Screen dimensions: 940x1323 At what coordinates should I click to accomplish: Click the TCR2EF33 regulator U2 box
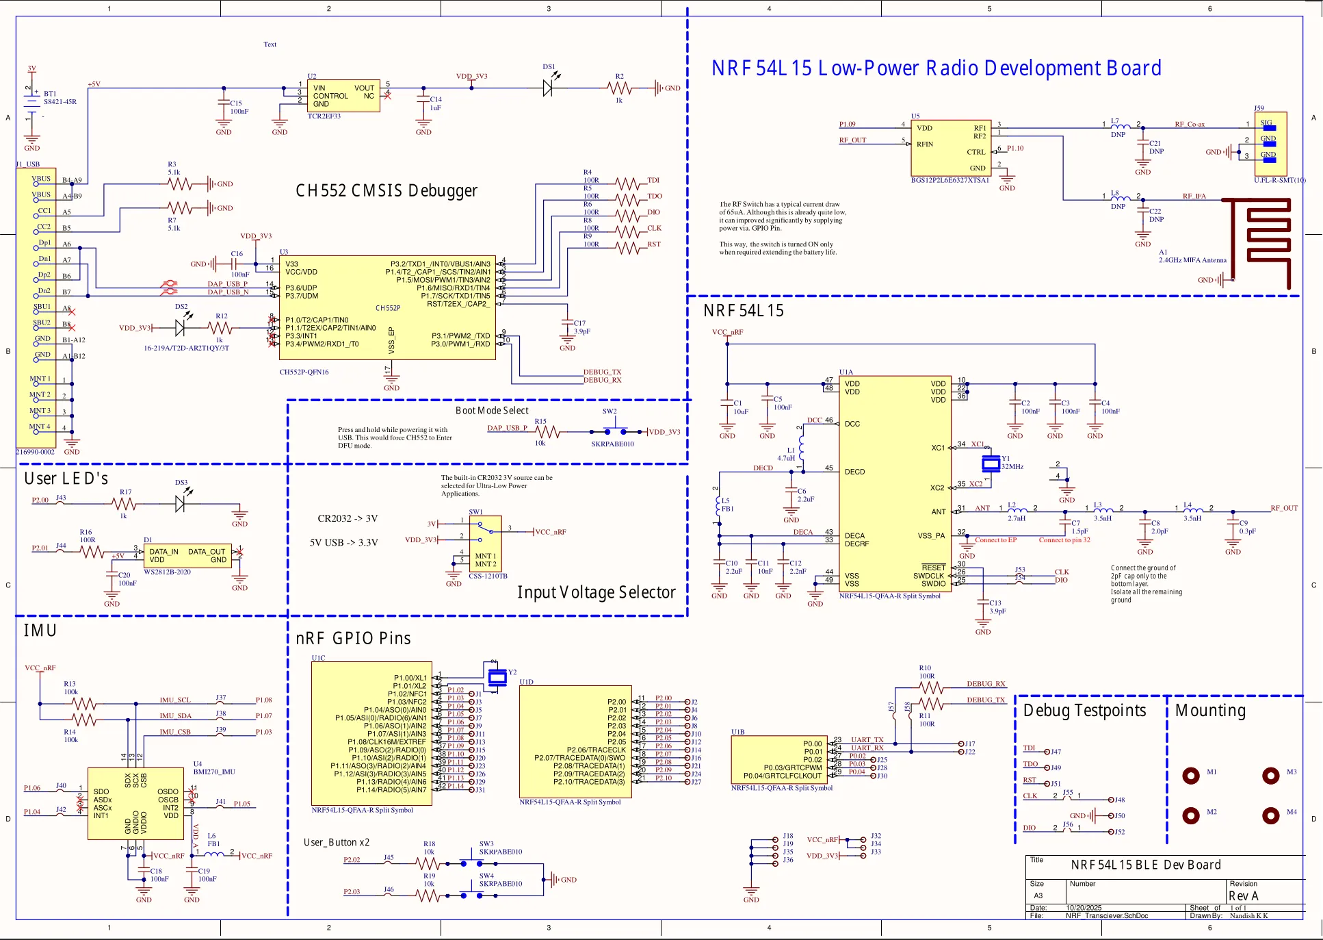[343, 96]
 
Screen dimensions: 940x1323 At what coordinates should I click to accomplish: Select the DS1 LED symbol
[548, 88]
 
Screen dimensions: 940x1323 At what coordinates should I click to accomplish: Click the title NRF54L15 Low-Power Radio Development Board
[936, 68]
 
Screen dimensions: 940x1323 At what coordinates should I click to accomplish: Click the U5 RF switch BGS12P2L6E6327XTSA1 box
[951, 147]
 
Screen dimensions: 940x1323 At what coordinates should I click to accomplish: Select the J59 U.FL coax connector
[1270, 144]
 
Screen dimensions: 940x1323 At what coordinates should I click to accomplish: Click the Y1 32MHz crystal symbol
[991, 463]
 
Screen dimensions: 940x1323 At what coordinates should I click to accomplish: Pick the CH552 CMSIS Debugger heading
[387, 190]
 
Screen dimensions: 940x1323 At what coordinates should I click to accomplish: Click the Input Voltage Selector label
[596, 592]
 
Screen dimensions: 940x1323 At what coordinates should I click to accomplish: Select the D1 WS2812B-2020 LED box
[187, 556]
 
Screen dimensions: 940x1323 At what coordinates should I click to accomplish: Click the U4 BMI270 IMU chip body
[135, 803]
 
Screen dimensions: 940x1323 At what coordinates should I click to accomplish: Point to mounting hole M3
[1271, 776]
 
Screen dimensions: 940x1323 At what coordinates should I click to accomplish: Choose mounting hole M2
[1191, 815]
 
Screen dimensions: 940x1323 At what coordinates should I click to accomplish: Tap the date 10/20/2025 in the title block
[1084, 908]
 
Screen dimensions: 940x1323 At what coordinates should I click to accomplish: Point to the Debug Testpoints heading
[1084, 711]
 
